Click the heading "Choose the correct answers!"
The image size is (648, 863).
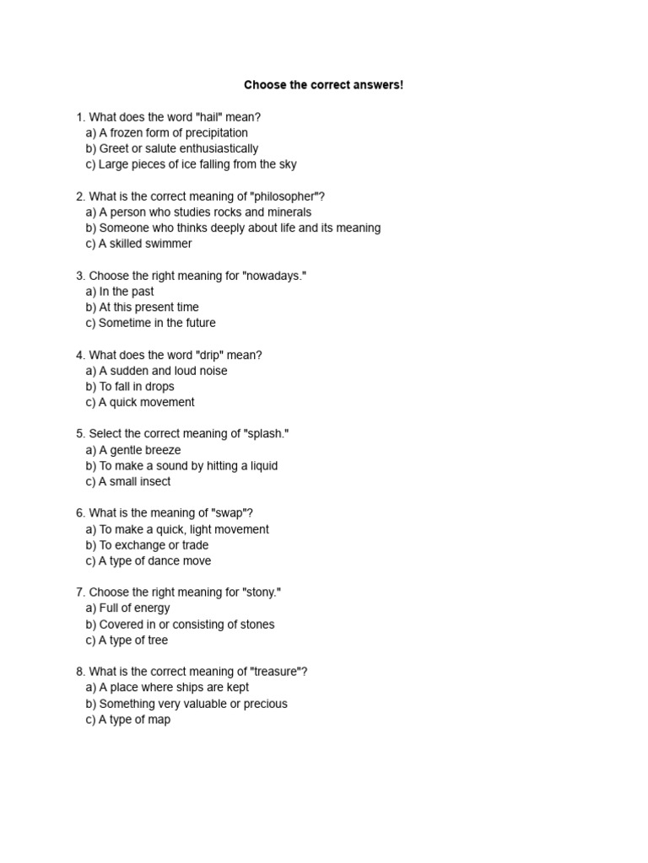coord(324,85)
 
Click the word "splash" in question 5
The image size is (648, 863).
coord(267,433)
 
